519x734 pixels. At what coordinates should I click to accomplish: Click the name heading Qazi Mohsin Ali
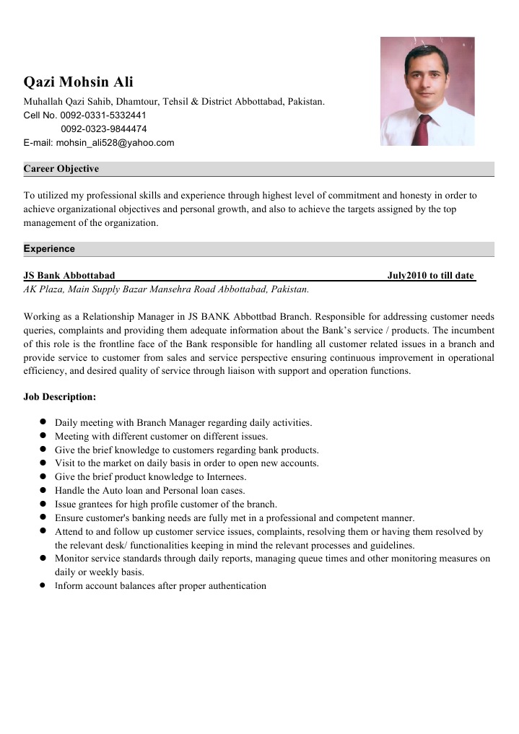78,82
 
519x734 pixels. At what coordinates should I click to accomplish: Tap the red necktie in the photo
423,128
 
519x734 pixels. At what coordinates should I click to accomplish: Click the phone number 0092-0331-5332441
104,115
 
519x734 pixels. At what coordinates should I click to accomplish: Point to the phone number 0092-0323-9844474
104,129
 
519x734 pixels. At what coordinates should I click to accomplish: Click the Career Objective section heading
61,169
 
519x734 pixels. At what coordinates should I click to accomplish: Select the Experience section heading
49,249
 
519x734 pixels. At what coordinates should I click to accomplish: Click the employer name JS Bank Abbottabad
69,276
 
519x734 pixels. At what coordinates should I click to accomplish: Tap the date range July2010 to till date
430,276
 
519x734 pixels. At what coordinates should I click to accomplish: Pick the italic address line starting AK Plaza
166,289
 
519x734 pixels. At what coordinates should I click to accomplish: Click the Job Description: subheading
59,397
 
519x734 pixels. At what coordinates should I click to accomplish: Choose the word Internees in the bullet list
223,477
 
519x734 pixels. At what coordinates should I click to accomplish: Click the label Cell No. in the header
40,115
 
